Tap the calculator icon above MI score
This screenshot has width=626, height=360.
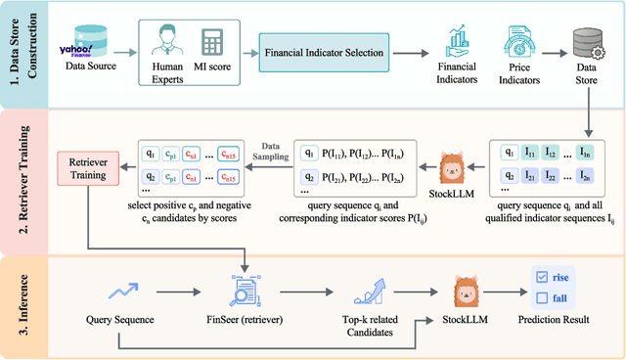(x=210, y=41)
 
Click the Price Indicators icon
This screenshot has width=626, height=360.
(x=520, y=39)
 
